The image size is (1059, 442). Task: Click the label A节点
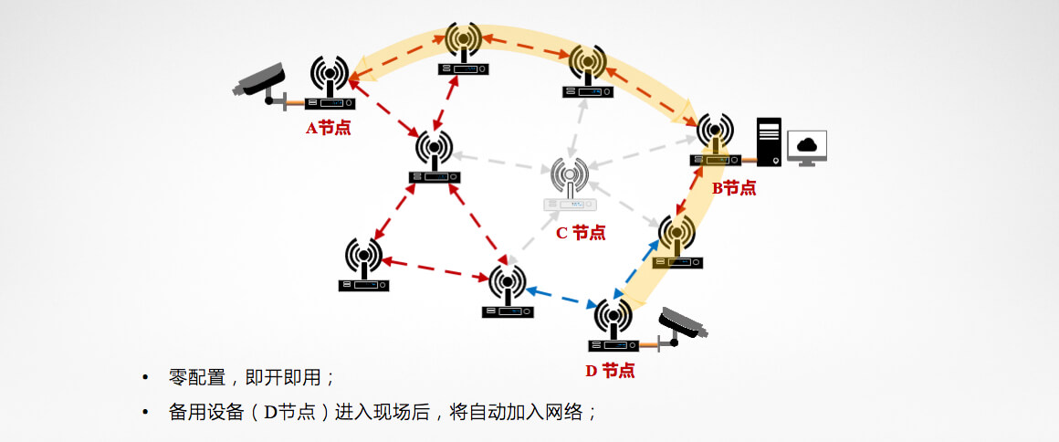pos(328,128)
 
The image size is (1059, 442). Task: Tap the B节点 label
pos(734,188)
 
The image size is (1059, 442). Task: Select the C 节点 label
pos(581,232)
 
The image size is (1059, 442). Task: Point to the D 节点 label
pos(610,371)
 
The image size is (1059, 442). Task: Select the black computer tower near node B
pos(770,142)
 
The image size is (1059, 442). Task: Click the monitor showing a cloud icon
pos(806,147)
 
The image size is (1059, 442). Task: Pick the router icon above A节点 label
pos(330,83)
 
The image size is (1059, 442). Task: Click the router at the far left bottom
pos(364,266)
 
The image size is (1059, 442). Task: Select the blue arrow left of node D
pos(561,298)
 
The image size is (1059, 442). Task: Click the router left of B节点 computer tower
pos(714,141)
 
